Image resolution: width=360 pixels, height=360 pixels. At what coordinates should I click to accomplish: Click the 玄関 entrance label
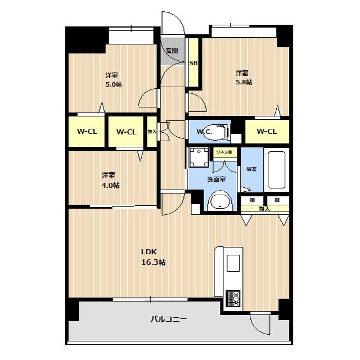[172, 50]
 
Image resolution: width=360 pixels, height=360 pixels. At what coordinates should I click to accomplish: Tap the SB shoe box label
[193, 63]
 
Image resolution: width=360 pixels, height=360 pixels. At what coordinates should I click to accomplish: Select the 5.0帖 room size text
[114, 84]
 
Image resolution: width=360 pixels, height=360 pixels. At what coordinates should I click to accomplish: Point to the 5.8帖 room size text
[244, 82]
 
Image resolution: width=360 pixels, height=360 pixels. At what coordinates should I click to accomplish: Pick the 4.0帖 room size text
[110, 185]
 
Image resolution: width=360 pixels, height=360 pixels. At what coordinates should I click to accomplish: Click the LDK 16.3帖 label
[153, 257]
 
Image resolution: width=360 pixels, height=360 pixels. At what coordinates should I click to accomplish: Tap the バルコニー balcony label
[169, 319]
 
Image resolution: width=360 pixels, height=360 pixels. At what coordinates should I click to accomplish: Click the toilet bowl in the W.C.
[217, 132]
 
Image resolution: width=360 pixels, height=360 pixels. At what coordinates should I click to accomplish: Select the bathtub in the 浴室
[276, 170]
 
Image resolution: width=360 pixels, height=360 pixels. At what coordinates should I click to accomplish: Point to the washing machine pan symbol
[199, 157]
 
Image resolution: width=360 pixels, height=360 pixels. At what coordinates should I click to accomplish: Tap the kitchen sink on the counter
[233, 263]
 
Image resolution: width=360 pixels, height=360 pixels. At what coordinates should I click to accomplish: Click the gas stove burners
[233, 299]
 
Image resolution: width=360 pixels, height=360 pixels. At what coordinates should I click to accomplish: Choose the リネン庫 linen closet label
[224, 152]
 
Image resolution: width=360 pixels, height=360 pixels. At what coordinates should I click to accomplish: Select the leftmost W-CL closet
[87, 132]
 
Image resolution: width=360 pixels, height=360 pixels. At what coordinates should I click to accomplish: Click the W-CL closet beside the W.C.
[267, 132]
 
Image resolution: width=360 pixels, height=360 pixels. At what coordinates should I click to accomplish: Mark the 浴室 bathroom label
[251, 169]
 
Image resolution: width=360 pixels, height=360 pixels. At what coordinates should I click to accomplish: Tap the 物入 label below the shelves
[264, 209]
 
